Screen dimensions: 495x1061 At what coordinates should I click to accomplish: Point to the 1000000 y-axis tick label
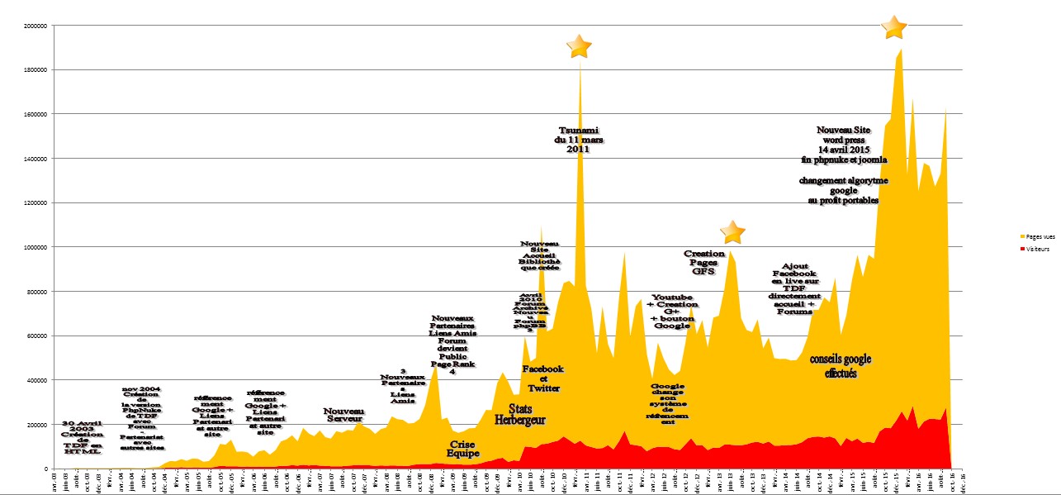click(x=35, y=247)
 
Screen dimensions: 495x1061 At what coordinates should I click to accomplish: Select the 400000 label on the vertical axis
click(x=36, y=380)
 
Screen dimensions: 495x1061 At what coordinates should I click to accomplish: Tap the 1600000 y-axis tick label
click(x=35, y=114)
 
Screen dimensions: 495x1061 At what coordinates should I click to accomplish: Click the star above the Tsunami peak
click(x=580, y=46)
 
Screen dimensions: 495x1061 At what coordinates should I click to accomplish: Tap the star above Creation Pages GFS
click(x=732, y=233)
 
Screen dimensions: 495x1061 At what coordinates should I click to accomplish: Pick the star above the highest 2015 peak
click(x=893, y=26)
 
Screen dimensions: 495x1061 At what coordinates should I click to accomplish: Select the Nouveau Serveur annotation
click(x=343, y=415)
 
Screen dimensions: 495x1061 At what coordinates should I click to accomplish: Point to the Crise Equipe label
click(x=462, y=448)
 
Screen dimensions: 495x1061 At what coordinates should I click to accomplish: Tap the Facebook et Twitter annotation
click(x=544, y=378)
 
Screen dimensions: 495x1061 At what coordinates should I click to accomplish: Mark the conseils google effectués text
click(x=841, y=366)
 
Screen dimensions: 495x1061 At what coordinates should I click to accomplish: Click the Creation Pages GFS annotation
click(x=703, y=262)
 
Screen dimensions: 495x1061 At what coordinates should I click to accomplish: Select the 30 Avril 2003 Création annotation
click(x=83, y=437)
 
